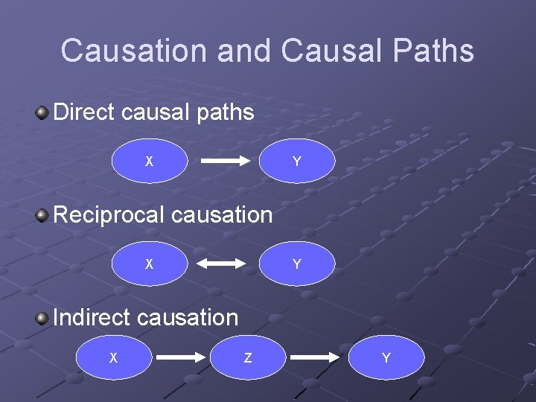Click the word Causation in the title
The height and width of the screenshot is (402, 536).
pos(133,51)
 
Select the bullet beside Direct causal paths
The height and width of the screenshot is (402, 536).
pos(43,113)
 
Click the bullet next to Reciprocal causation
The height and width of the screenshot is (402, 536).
pos(43,216)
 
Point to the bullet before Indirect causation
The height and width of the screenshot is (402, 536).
pos(43,319)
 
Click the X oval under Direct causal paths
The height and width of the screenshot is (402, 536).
pos(150,161)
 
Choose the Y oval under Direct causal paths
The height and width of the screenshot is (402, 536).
pos(297,161)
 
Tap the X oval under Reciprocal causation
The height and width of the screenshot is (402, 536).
pos(150,264)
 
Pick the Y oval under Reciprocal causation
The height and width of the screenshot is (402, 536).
pos(297,264)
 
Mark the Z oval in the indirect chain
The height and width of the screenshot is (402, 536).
pos(248,358)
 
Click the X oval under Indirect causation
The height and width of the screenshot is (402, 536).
pos(113,358)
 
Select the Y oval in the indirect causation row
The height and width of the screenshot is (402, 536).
pos(386,358)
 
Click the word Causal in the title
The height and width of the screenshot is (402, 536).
pos(326,51)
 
